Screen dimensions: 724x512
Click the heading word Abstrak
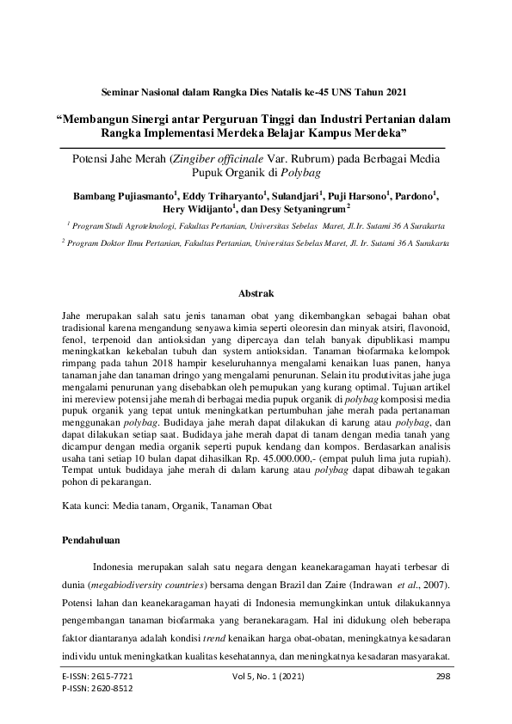(x=256, y=294)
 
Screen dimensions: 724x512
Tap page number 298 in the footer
(x=444, y=677)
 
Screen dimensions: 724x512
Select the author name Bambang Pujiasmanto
(x=122, y=195)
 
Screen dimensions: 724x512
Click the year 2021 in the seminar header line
(x=392, y=90)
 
